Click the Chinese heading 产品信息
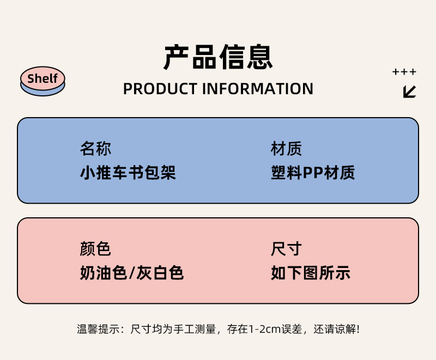[218, 57]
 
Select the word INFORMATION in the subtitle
[258, 89]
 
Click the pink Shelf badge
[43, 79]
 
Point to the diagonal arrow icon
[409, 91]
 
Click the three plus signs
[404, 72]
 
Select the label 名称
[95, 149]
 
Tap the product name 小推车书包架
[128, 173]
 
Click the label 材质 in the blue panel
[286, 149]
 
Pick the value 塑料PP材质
[313, 173]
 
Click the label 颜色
[95, 249]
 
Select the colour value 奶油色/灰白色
[132, 273]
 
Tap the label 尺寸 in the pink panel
[286, 249]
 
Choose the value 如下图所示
[310, 273]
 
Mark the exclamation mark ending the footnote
[358, 329]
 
